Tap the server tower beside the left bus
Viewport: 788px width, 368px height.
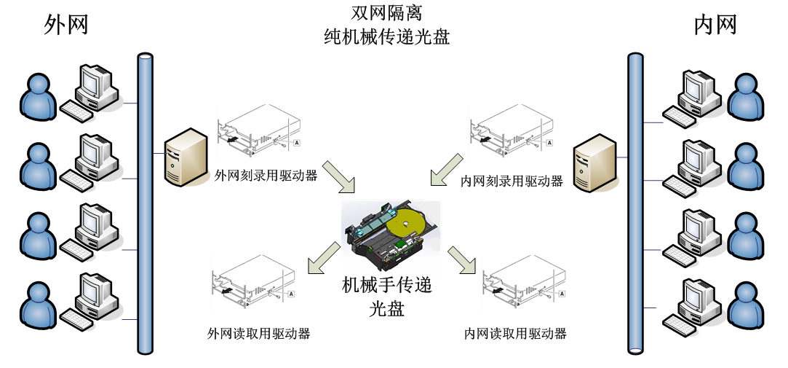186,158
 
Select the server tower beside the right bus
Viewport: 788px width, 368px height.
594,164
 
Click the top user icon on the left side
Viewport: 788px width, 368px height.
38,98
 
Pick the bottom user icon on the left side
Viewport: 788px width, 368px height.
38,306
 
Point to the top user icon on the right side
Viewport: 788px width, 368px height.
745,98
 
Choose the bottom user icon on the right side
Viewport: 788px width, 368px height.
745,306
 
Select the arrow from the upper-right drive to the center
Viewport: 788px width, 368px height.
446,170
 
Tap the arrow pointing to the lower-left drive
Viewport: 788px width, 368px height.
323,259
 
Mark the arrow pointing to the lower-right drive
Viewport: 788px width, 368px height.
461,260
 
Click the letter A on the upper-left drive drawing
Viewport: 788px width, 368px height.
297,143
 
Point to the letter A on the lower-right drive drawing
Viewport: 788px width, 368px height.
561,294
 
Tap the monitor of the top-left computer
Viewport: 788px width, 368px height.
92,82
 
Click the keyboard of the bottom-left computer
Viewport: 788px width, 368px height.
76,319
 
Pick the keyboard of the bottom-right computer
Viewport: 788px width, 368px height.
680,326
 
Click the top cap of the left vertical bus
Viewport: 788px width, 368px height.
145,57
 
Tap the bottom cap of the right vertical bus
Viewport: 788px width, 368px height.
636,350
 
